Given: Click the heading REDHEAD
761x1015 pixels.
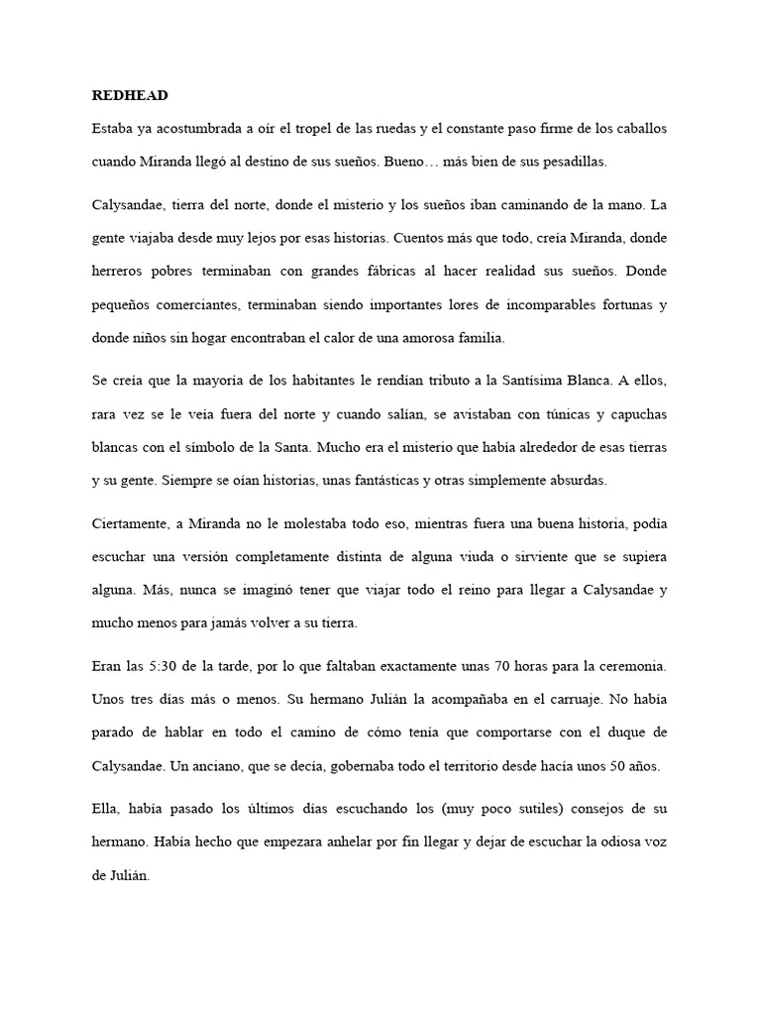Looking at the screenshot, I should coord(130,96).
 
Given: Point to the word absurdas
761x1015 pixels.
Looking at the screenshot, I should coord(565,481).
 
